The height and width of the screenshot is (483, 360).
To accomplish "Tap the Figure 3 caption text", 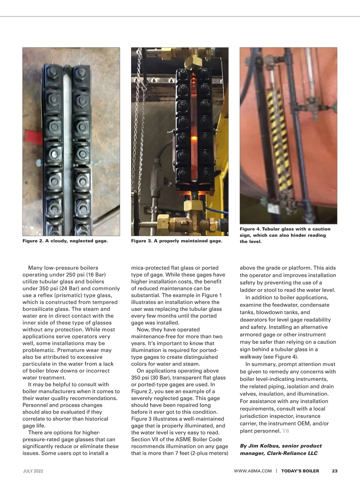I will click(177, 241).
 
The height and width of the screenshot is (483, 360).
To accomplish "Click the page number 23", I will click(335, 471).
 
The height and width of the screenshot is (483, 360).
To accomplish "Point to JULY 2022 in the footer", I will click(33, 471).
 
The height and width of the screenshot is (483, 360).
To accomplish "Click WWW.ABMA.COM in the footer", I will click(253, 471).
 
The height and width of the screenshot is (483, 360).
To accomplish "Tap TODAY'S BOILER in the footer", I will click(300, 471).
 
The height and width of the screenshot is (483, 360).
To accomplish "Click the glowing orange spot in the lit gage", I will click(193, 138).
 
